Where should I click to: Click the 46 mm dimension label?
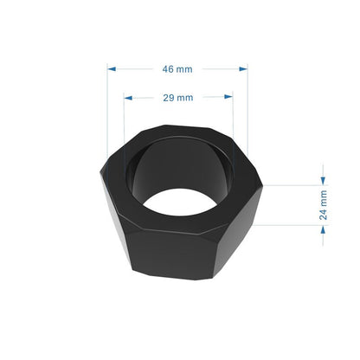click(x=177, y=67)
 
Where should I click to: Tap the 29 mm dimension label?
click(x=177, y=97)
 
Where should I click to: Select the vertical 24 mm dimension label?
click(x=324, y=205)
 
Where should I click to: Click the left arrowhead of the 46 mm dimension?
click(x=112, y=67)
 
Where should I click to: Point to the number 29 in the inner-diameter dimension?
click(x=169, y=97)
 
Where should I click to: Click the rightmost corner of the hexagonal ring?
click(x=262, y=184)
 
